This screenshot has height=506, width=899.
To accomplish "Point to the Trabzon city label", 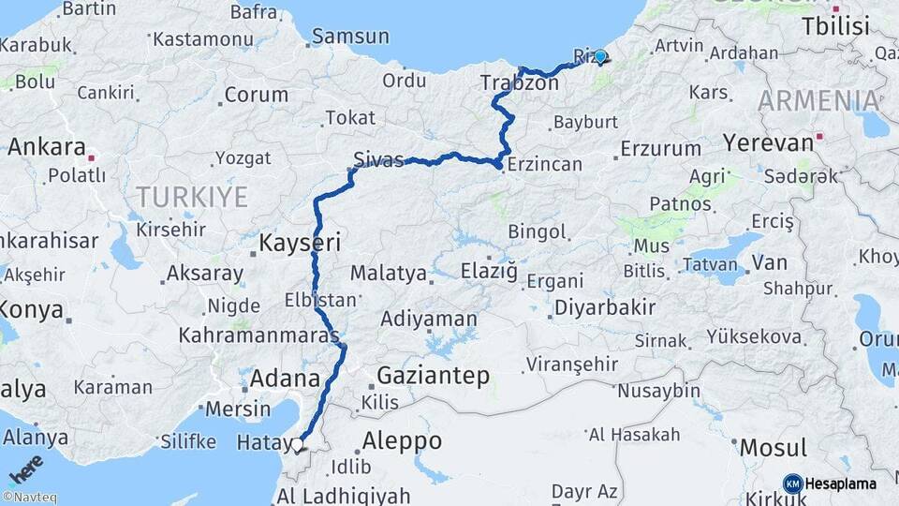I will click(519, 83).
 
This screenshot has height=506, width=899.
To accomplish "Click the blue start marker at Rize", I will click(600, 56).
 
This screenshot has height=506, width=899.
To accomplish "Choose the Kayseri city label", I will click(299, 243).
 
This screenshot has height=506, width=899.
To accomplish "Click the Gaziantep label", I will click(433, 376).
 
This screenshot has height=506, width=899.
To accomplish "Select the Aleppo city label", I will click(402, 440).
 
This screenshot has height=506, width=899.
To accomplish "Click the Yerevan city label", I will click(768, 143).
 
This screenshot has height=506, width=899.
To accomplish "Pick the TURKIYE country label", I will click(192, 197).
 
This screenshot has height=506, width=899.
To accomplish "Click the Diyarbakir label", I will click(604, 307).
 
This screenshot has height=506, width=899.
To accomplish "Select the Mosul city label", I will click(773, 449).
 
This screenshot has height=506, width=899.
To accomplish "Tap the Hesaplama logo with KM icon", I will click(830, 484).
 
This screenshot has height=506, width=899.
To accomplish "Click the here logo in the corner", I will click(26, 468).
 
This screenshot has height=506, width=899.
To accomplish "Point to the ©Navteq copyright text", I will click(29, 498).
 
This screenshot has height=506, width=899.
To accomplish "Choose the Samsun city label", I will click(349, 37).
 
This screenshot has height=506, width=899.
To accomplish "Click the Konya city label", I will click(31, 309).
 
